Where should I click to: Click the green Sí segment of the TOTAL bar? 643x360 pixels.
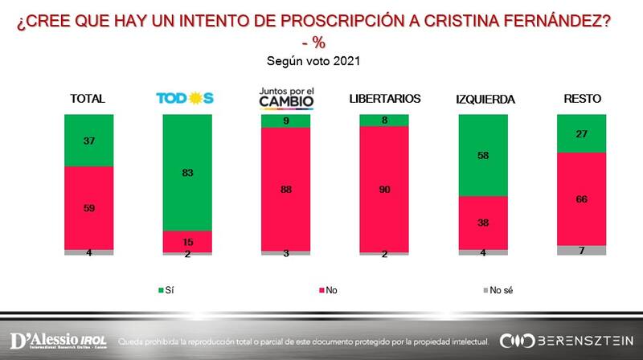89,140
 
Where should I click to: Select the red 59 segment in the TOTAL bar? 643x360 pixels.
89,207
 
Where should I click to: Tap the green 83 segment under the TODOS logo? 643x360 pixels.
187,172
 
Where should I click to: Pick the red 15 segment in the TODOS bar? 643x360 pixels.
187,241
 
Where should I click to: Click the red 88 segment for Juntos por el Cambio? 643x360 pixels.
285,190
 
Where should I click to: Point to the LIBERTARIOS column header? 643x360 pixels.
385,99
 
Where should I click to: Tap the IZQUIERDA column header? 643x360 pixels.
484,100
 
